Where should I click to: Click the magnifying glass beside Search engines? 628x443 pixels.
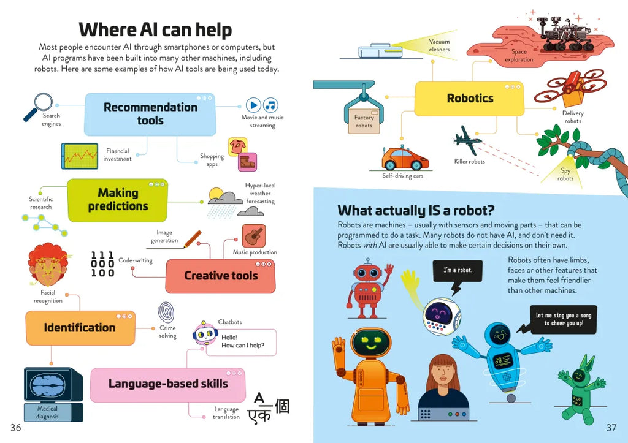click(40, 104)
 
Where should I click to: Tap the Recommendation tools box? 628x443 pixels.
click(150, 114)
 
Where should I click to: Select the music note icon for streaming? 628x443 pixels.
click(270, 105)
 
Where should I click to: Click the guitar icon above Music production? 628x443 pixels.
click(253, 235)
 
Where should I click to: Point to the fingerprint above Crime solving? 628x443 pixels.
click(167, 311)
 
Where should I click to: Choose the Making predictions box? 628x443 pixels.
click(117, 200)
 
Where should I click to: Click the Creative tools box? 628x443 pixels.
click(221, 276)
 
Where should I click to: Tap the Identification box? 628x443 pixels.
click(80, 328)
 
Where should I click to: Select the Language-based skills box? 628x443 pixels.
click(168, 384)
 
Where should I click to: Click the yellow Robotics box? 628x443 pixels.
click(470, 99)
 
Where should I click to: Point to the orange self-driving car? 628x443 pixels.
click(405, 159)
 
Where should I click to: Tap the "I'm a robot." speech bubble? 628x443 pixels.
click(458, 270)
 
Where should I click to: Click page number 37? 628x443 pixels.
click(611, 427)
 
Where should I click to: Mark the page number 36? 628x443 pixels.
click(15, 427)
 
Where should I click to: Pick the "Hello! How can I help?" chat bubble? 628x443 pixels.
click(241, 341)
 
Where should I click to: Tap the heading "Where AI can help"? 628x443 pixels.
click(155, 29)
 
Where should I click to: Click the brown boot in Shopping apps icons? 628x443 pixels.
click(247, 162)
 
